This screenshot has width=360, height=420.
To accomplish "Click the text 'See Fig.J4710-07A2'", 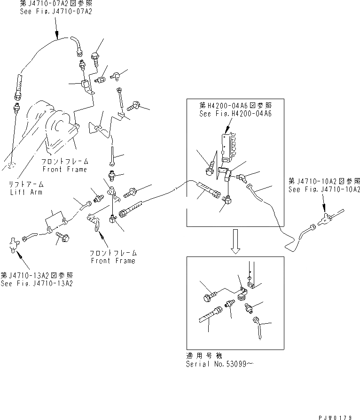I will [55, 11].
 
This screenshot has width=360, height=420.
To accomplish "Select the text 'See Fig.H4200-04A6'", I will [235, 113].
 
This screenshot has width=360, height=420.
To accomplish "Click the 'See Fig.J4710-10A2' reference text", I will [325, 189].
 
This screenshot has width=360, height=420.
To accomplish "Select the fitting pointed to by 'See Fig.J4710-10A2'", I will [325, 218].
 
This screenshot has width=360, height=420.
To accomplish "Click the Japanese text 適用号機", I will [203, 356].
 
